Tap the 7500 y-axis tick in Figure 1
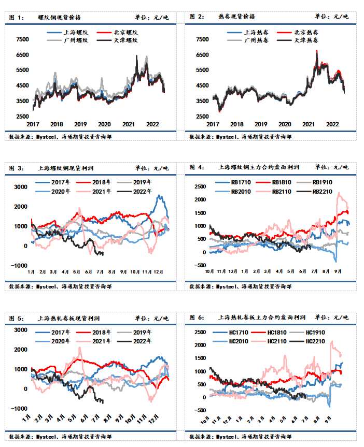pyautogui.click(x=23, y=39)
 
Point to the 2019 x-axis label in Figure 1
pyautogui.click(x=80, y=124)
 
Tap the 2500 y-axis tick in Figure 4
pyautogui.click(x=199, y=186)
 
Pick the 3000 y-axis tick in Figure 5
pyautogui.click(x=21, y=330)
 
